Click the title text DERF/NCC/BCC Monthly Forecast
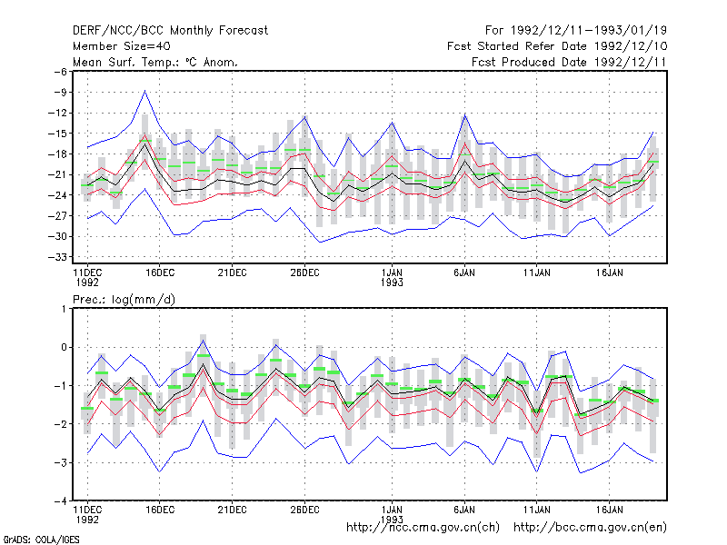(170, 31)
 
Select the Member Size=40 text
(122, 46)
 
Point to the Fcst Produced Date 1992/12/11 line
(569, 62)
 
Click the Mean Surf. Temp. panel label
(155, 62)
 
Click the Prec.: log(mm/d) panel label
(124, 300)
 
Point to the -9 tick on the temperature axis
(60, 93)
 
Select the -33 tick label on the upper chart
(57, 257)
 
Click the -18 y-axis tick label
(57, 154)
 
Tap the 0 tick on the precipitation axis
(64, 347)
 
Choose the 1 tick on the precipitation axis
(64, 309)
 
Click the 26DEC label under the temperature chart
(304, 273)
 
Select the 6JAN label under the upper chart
(464, 273)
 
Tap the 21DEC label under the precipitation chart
(233, 510)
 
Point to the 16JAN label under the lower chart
(609, 510)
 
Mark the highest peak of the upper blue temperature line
(145, 91)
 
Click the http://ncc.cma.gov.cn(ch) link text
(423, 528)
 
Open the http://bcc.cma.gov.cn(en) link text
(590, 528)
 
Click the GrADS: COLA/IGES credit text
(41, 540)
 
